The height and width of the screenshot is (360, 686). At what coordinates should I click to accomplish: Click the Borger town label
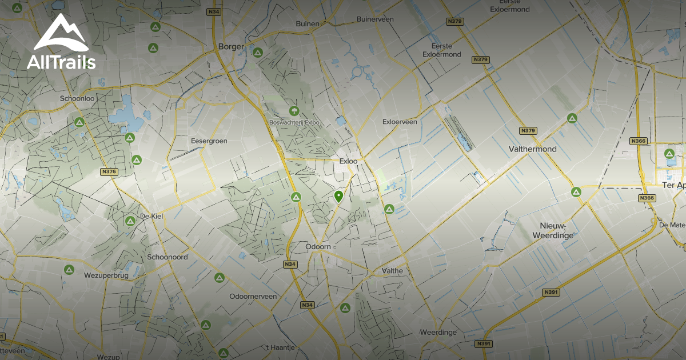pyautogui.click(x=232, y=47)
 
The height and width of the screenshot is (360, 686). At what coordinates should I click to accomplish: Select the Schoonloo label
pyautogui.click(x=77, y=98)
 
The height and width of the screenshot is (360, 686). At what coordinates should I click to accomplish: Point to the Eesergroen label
pyautogui.click(x=209, y=141)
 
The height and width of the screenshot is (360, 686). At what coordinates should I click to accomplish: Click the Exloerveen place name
pyautogui.click(x=400, y=122)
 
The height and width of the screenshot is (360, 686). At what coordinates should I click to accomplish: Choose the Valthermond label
pyautogui.click(x=532, y=149)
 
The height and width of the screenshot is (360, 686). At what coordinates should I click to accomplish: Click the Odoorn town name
pyautogui.click(x=318, y=246)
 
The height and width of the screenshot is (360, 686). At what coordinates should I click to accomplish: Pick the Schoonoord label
pyautogui.click(x=167, y=257)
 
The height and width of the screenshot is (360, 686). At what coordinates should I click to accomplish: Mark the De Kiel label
pyautogui.click(x=152, y=217)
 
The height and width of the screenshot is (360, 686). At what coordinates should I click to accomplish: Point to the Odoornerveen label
pyautogui.click(x=253, y=297)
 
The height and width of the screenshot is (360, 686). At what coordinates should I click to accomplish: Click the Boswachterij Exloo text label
pyautogui.click(x=294, y=123)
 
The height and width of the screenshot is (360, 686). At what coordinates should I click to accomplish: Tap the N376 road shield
pyautogui.click(x=108, y=171)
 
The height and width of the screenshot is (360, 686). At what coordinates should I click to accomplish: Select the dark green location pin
pyautogui.click(x=338, y=197)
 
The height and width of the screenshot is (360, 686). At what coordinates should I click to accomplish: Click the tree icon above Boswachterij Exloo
pyautogui.click(x=294, y=110)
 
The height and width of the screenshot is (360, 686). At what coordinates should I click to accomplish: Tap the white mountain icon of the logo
pyautogui.click(x=61, y=34)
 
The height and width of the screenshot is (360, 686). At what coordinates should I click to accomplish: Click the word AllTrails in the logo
pyautogui.click(x=61, y=62)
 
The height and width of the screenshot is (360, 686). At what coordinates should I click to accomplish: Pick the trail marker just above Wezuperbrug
pyautogui.click(x=69, y=269)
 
